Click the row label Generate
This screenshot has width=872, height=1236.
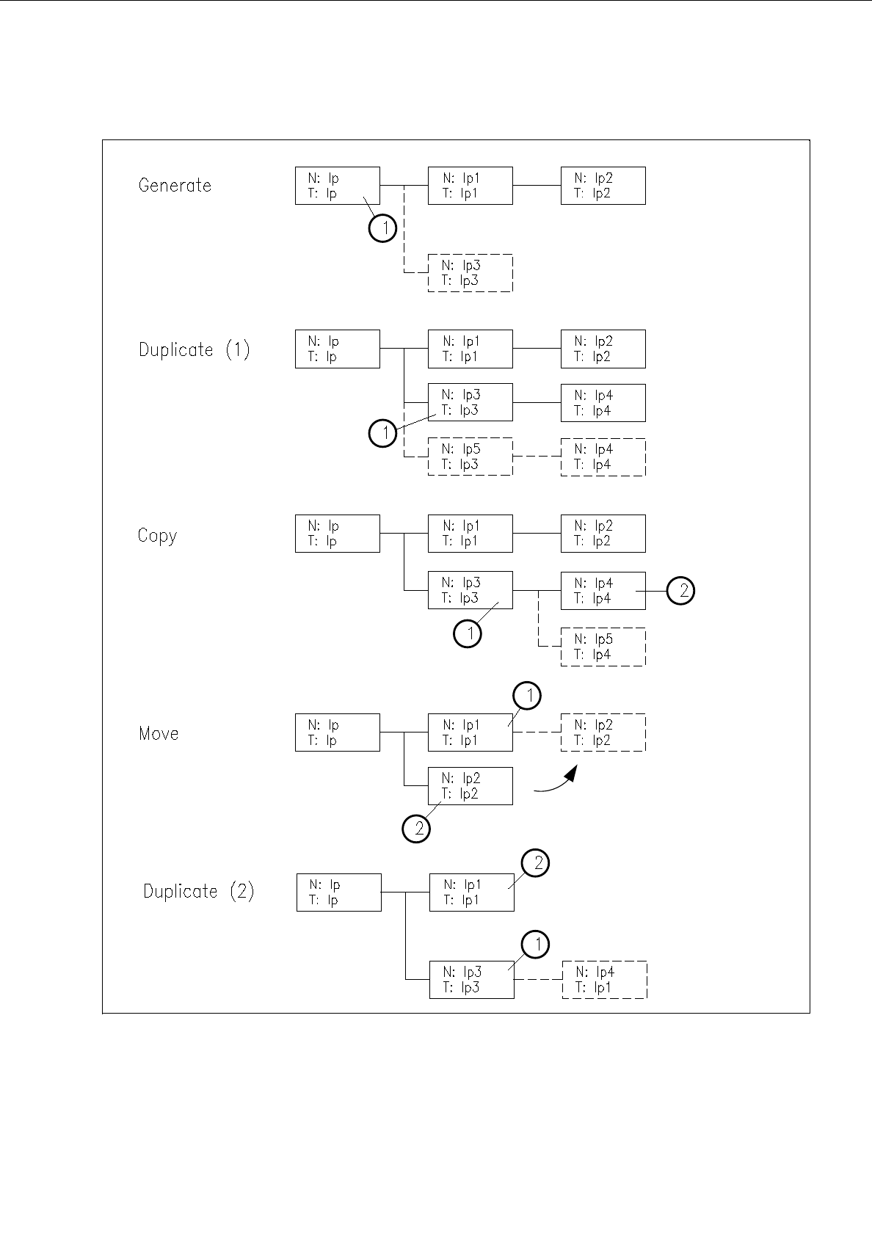tap(175, 186)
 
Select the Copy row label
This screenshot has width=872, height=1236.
tap(157, 536)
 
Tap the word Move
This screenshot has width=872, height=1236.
tap(159, 733)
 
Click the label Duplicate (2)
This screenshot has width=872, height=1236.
tap(198, 892)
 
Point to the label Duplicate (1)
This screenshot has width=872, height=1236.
tap(194, 350)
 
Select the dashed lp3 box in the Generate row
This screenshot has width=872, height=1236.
tap(470, 273)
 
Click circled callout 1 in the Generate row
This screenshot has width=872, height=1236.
tap(382, 228)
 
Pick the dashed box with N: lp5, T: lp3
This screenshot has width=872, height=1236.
tap(470, 457)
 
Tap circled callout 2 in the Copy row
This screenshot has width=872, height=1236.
tap(682, 591)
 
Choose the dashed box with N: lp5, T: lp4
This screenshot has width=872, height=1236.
tap(603, 647)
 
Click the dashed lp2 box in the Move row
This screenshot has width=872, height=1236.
tap(603, 732)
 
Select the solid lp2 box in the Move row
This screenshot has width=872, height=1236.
tap(470, 786)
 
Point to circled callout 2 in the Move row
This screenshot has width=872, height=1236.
tap(416, 829)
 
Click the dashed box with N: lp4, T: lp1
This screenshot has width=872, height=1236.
tap(604, 980)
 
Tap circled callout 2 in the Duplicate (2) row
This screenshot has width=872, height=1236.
tap(535, 862)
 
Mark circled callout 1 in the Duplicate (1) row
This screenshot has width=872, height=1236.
tap(382, 433)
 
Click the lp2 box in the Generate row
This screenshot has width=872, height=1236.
tap(603, 186)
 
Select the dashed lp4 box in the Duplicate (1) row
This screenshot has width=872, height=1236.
tap(603, 457)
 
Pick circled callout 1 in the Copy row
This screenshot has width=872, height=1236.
tap(468, 633)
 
